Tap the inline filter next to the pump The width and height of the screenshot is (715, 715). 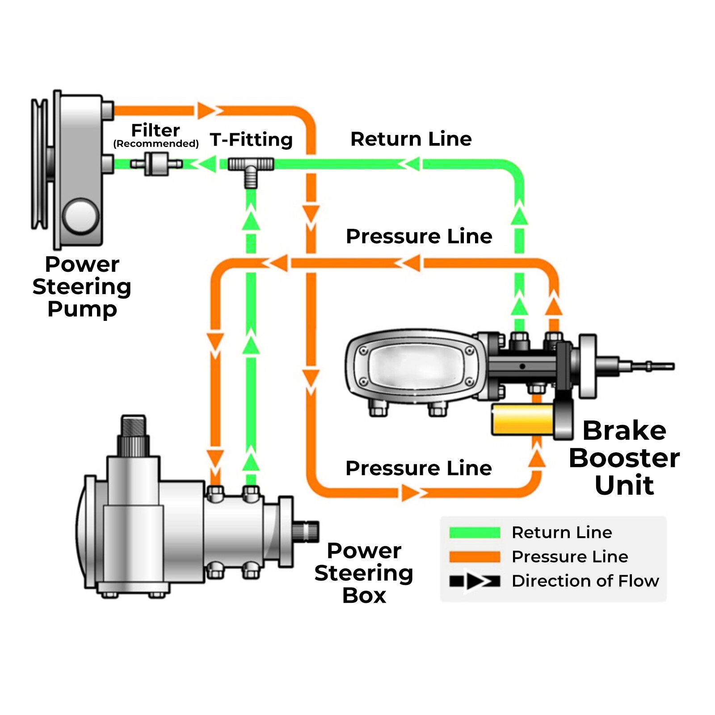coord(156,164)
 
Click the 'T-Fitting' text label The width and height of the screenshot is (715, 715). coord(251,139)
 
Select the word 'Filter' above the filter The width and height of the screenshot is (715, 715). coord(156,130)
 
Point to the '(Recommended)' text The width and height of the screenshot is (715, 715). coord(156,143)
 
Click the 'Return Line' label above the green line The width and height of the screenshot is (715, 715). coord(411,139)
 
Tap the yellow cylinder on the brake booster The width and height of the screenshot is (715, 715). coord(523,420)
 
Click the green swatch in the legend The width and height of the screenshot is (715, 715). coord(475,532)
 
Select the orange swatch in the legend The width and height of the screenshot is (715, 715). coord(475,556)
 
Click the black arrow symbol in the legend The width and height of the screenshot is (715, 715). coord(475,581)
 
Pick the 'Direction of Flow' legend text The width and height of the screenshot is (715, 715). coord(585,581)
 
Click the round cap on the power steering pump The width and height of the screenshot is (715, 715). coord(81,216)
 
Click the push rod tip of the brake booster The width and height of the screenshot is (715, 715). coord(661,366)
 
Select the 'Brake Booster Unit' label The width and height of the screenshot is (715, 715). coord(624,458)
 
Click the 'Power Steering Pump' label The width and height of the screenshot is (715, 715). coord(82,286)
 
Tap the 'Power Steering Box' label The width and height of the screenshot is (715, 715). coord(364,573)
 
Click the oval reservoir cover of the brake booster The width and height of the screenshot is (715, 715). coord(416,366)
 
